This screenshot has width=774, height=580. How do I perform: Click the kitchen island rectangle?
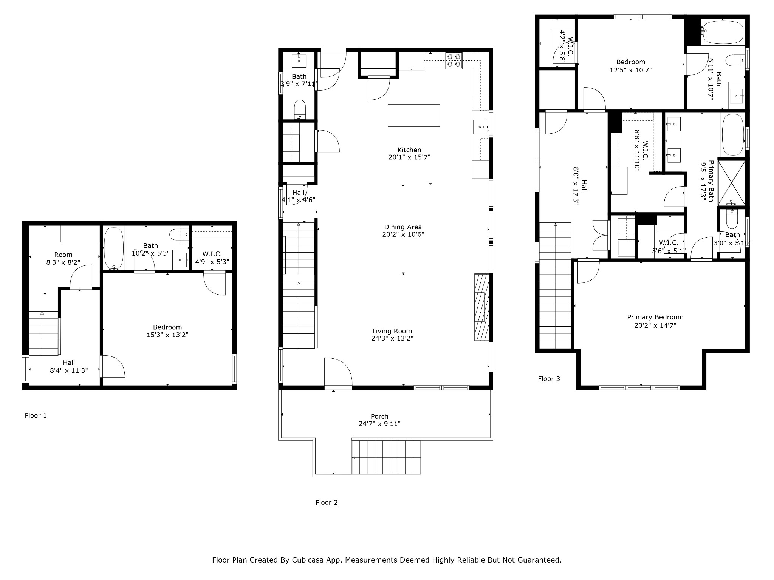tap(414, 116)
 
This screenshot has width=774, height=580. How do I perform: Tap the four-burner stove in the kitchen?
tap(454, 60)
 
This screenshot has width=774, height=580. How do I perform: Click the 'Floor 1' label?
tap(36, 416)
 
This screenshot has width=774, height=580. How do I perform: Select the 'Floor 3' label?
tap(549, 379)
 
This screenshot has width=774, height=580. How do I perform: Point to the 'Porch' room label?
tap(379, 416)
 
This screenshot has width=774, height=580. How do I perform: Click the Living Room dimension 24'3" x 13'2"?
tap(392, 338)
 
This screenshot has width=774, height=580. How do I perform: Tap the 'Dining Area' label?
tap(403, 227)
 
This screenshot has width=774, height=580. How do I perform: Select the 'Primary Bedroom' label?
tap(655, 317)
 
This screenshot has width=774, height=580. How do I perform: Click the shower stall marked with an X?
tap(732, 183)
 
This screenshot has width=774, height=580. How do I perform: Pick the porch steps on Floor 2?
tap(386, 457)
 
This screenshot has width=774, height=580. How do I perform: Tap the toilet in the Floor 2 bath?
tap(300, 109)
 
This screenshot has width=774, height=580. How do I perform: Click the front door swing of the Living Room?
tap(338, 372)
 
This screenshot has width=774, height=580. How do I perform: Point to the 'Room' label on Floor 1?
tap(63, 255)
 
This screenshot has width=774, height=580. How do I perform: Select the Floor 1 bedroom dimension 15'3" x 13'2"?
tap(167, 335)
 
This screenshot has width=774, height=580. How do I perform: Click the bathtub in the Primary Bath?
tap(733, 135)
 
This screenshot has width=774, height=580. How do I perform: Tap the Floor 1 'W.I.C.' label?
tap(212, 254)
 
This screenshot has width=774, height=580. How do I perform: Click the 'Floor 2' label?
tap(327, 503)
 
